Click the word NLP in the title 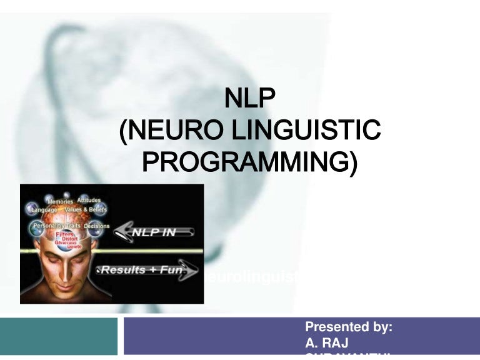(249, 99)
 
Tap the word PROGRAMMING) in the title (250, 162)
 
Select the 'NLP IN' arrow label (153, 232)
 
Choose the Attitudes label (89, 201)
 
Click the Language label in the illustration (43, 210)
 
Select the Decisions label (96, 226)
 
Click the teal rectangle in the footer (58, 336)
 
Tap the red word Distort (69, 238)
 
